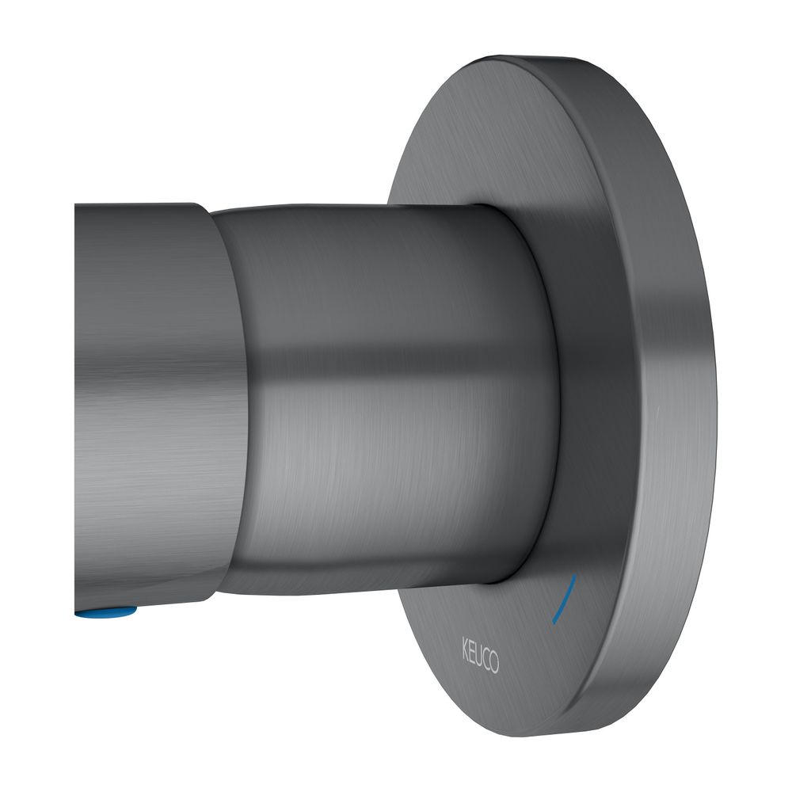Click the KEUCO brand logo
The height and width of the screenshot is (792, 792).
tap(480, 655)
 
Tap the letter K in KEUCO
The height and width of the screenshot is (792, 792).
tap(465, 645)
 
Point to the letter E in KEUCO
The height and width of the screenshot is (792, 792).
tap(472, 649)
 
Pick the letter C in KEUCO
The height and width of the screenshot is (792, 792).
tap(486, 659)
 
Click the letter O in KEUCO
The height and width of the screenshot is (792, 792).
tap(494, 664)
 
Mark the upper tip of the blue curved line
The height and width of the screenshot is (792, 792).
tap(576, 574)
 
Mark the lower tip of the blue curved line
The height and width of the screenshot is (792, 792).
tap(554, 623)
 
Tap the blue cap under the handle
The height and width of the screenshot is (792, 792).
tap(105, 613)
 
